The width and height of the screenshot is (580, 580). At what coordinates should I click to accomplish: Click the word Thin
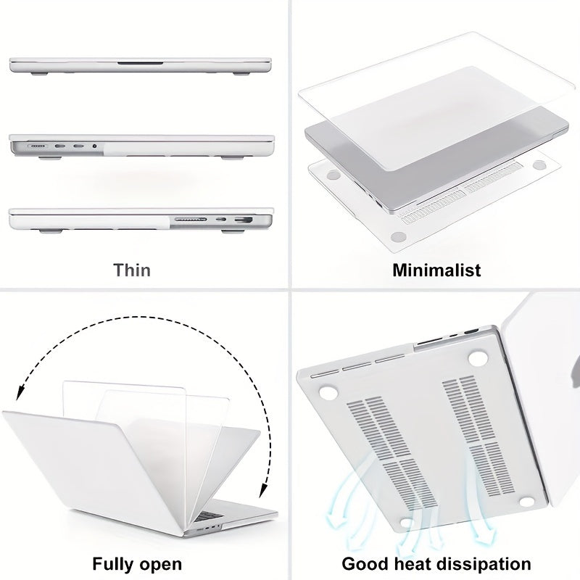click(x=132, y=270)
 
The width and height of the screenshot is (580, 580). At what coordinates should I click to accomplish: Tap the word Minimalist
click(x=436, y=270)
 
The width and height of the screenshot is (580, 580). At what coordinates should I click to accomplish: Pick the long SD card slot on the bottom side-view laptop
click(x=190, y=219)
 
